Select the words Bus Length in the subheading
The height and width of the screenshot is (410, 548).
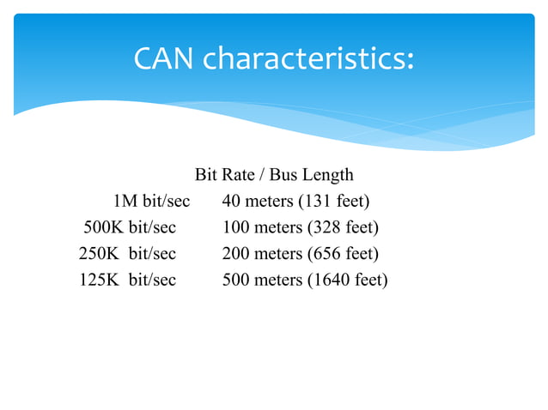pos(312,176)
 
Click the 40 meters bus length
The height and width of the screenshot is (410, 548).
pos(255,202)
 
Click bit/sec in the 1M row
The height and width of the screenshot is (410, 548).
pos(166,202)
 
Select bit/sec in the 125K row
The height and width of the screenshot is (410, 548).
pos(152,280)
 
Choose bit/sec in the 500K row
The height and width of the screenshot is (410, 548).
pos(152,228)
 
